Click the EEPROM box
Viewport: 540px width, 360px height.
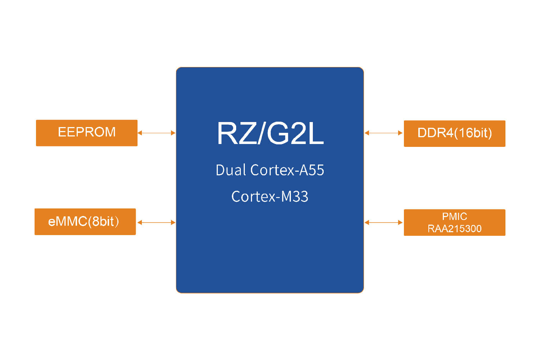coord(86,133)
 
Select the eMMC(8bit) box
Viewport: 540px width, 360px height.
coord(85,222)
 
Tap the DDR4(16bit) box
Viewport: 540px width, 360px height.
coord(454,134)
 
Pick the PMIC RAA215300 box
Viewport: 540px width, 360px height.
coord(454,222)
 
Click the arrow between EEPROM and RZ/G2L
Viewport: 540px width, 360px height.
coord(157,133)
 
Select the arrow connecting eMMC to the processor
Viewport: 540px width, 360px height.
coord(157,222)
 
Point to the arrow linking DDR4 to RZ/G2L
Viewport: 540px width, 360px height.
coord(384,133)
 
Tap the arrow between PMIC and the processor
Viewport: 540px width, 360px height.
coord(384,222)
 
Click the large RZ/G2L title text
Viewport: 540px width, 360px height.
coord(270,134)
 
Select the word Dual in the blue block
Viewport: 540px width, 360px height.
coord(231,170)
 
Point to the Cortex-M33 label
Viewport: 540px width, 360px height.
coord(270,197)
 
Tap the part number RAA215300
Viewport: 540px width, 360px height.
coord(454,229)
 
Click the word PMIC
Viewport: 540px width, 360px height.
coord(454,216)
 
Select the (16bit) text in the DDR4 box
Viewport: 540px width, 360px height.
coord(473,133)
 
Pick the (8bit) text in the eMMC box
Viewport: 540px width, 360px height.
coord(103,221)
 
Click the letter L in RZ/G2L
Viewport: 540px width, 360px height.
coord(316,134)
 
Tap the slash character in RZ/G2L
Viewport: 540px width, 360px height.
coord(262,134)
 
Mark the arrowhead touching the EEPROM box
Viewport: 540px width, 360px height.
coord(140,133)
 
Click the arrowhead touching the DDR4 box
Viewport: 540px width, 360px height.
coord(400,133)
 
